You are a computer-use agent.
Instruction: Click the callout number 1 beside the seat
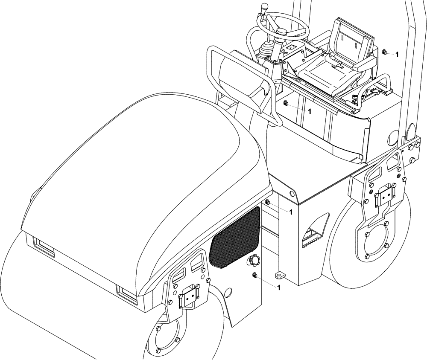[x=397, y=55]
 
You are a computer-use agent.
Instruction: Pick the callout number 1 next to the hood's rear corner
[x=291, y=212]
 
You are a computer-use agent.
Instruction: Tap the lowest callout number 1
[x=279, y=287]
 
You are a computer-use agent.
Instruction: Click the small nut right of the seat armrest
[x=384, y=52]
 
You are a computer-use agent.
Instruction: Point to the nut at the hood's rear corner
[x=267, y=202]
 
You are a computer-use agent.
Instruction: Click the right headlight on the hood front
[x=127, y=294]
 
